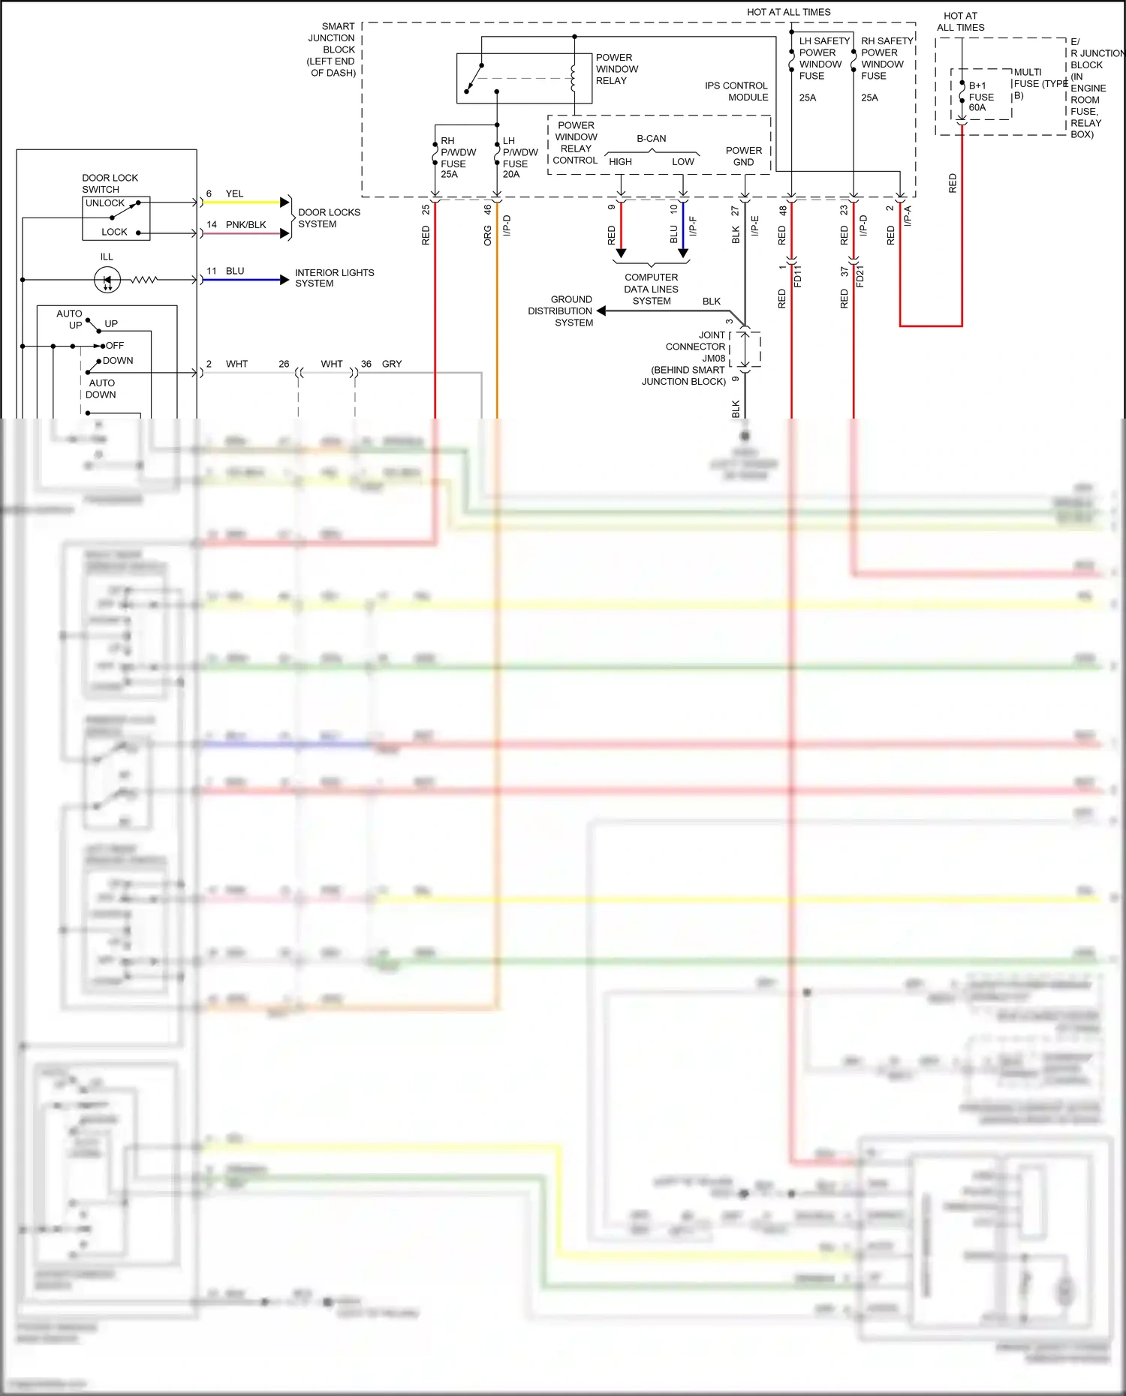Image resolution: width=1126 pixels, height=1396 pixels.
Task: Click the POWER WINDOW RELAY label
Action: [x=616, y=69]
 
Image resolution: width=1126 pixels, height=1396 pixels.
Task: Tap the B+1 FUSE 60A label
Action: [x=980, y=97]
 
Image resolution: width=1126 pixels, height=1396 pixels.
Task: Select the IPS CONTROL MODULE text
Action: [x=736, y=92]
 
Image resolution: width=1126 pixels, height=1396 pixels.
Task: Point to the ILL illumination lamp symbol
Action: [x=107, y=281]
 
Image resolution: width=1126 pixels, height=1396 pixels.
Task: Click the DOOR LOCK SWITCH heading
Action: [x=110, y=184]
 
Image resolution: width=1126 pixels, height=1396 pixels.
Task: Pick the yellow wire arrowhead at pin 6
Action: [x=285, y=203]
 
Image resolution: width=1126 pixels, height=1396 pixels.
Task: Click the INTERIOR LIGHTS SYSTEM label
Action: [x=334, y=278]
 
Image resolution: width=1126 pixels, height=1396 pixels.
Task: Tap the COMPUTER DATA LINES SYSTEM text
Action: [x=651, y=289]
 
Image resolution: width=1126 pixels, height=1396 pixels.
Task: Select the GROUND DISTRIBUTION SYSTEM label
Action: [x=561, y=311]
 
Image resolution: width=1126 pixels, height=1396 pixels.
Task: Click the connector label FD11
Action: [x=798, y=276]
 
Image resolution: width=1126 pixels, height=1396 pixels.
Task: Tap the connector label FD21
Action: [x=860, y=276]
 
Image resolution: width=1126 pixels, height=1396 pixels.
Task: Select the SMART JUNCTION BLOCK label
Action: [x=332, y=50]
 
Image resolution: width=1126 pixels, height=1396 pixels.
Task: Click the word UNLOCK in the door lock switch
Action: [x=105, y=203]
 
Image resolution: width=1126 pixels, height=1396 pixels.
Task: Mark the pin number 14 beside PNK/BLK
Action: [x=212, y=224]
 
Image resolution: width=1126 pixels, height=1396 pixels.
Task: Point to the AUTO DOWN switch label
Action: [x=101, y=389]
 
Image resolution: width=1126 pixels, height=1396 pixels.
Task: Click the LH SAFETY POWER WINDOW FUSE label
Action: [x=823, y=59]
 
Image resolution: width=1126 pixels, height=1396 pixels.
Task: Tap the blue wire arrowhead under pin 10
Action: [x=683, y=254]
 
